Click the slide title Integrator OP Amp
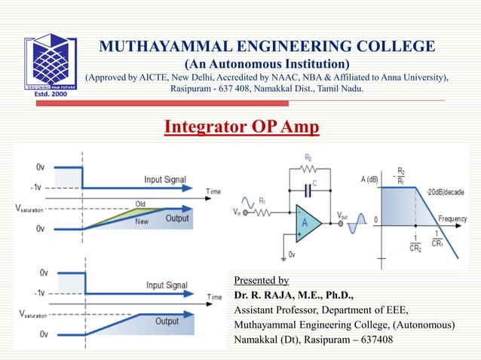(241, 126)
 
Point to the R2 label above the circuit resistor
(308, 158)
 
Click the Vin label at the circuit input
(238, 212)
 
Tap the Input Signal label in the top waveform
(167, 180)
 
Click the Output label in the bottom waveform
(167, 322)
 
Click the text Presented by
(262, 280)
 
